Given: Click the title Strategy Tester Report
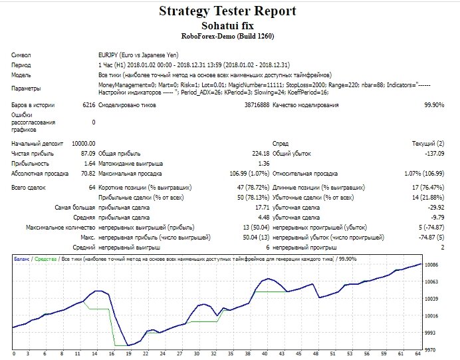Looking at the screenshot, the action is [x=227, y=11].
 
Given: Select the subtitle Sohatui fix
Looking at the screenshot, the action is [x=227, y=26].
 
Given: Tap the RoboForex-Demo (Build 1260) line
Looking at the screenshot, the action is [x=227, y=36].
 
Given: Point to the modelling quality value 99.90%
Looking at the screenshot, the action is [x=434, y=105].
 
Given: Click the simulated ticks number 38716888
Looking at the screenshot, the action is [x=257, y=105].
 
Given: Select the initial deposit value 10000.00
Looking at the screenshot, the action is [x=84, y=144].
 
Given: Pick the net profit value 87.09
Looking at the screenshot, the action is [x=88, y=154].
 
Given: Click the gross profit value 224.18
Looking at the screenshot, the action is [x=261, y=154].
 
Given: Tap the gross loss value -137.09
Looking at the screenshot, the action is [x=435, y=154].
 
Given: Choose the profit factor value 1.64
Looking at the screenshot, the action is [x=90, y=164].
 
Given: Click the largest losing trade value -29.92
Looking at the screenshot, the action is [x=436, y=208].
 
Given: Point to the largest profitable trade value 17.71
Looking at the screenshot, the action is [x=263, y=208].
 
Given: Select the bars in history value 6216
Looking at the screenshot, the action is [x=89, y=105].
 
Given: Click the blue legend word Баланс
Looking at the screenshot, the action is [x=22, y=259].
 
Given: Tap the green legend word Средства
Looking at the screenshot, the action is [x=45, y=259].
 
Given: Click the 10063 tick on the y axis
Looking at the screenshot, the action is [x=431, y=282].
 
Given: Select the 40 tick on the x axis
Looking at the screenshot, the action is [x=265, y=354].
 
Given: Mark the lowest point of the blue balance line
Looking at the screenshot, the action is [x=128, y=345].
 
